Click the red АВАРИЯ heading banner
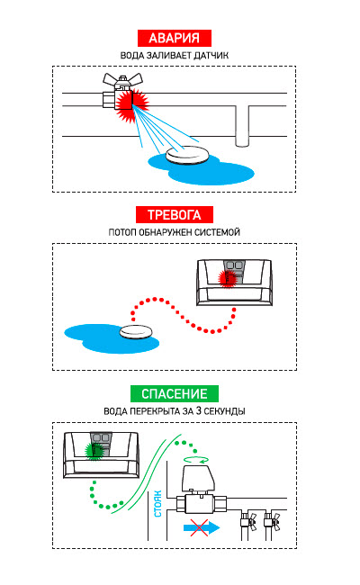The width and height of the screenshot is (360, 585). pyautogui.click(x=175, y=38)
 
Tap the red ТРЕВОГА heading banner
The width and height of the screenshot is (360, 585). pyautogui.click(x=175, y=215)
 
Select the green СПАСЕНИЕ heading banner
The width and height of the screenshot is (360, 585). pyautogui.click(x=175, y=393)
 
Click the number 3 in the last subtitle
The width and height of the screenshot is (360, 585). pyautogui.click(x=199, y=410)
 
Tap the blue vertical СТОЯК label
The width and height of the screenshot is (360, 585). pyautogui.click(x=158, y=504)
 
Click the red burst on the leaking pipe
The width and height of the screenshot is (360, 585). pyautogui.click(x=130, y=105)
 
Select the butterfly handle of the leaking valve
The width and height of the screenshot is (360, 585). pyautogui.click(x=122, y=79)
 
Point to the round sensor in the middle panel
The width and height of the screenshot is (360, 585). pyautogui.click(x=136, y=332)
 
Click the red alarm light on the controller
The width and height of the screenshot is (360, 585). pyautogui.click(x=227, y=278)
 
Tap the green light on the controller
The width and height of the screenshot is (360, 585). pyautogui.click(x=94, y=451)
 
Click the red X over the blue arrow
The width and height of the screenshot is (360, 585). pyautogui.click(x=199, y=527)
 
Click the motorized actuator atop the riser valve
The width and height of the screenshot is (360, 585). pyautogui.click(x=198, y=479)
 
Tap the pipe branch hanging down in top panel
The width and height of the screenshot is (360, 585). pyautogui.click(x=242, y=126)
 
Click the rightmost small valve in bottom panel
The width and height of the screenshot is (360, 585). pyautogui.click(x=272, y=519)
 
